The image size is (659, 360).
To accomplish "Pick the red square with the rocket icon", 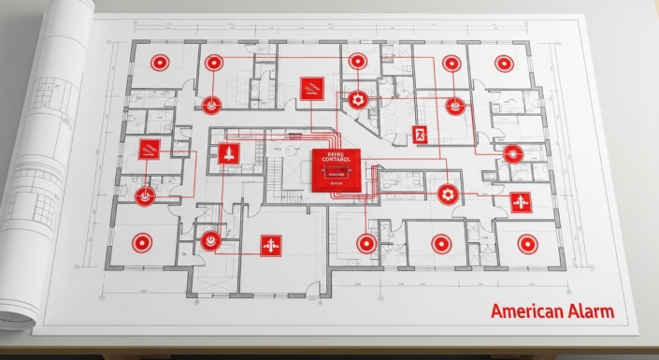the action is [x=228, y=153].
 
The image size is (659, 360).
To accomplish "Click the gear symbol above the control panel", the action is [x=356, y=98].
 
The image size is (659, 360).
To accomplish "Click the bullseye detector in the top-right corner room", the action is [x=503, y=64].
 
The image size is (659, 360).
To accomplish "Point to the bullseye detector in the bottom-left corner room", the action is [x=140, y=243].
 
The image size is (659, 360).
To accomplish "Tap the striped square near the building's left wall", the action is [x=149, y=149].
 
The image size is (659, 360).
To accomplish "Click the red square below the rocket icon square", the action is [x=271, y=245].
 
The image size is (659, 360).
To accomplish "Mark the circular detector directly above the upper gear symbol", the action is [x=356, y=62].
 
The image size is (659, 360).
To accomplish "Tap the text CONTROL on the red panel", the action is [x=334, y=161].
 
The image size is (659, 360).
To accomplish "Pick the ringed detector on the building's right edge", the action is [x=511, y=153].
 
